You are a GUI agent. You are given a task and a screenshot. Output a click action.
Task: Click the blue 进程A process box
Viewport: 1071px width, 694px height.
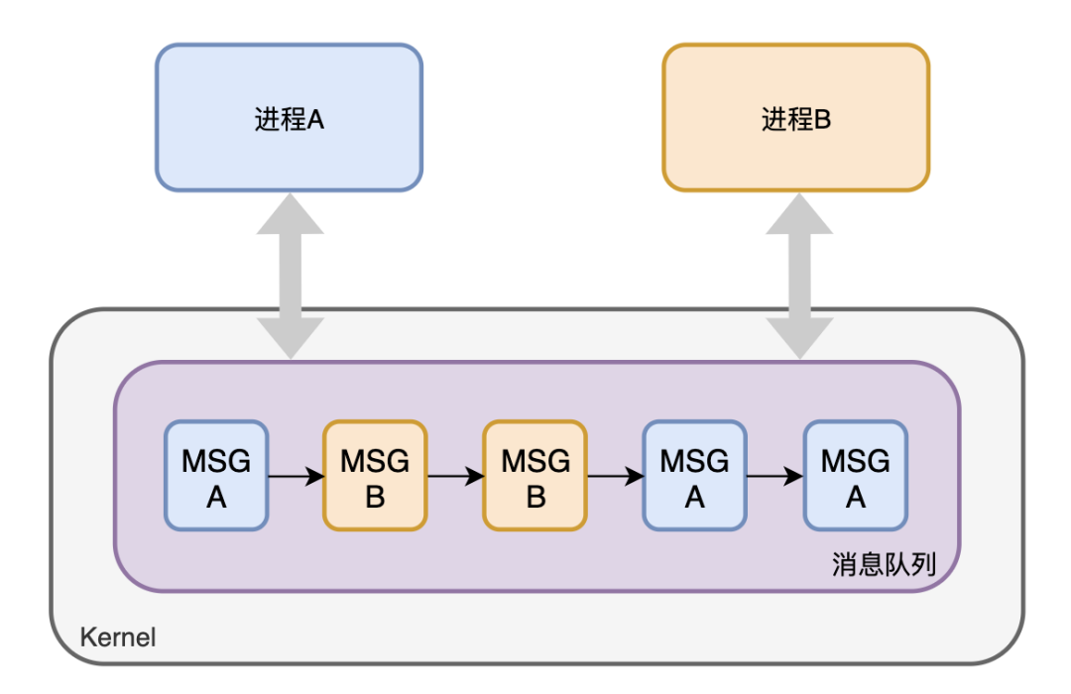pyautogui.click(x=289, y=117)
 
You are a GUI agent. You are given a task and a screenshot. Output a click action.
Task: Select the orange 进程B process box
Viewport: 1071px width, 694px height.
pyautogui.click(x=795, y=117)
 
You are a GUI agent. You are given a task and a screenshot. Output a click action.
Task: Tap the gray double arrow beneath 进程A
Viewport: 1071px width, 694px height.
pyautogui.click(x=290, y=275)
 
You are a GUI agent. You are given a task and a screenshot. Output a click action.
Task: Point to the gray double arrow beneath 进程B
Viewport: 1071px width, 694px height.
pyautogui.click(x=799, y=275)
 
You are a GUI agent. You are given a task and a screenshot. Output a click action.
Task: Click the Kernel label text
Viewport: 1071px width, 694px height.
pyautogui.click(x=118, y=636)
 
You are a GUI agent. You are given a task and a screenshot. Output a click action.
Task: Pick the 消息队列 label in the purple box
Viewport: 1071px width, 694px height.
pyautogui.click(x=884, y=565)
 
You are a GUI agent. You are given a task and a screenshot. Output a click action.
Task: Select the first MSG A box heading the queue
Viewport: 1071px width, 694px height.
pyautogui.click(x=216, y=476)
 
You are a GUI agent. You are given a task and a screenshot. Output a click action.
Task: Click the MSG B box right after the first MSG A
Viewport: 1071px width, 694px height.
pyautogui.click(x=375, y=476)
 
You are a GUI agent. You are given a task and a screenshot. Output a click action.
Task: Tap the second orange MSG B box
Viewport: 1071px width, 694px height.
pyautogui.click(x=535, y=476)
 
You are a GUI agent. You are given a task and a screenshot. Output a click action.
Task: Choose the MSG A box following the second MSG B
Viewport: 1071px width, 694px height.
pyautogui.click(x=694, y=476)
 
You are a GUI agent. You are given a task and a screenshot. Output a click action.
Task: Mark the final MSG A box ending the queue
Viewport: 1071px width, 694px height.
pyautogui.click(x=855, y=476)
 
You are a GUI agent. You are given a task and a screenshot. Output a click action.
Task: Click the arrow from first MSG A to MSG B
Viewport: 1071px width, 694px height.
pyautogui.click(x=296, y=477)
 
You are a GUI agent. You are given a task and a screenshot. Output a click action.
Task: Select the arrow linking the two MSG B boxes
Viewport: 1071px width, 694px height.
pyautogui.click(x=455, y=477)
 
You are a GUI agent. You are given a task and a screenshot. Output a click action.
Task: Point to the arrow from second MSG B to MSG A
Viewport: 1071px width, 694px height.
pyautogui.click(x=615, y=477)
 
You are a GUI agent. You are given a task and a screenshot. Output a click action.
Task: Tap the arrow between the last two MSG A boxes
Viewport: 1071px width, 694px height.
pyautogui.click(x=774, y=477)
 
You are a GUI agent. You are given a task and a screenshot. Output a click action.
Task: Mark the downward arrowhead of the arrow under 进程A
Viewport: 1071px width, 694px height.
pyautogui.click(x=290, y=338)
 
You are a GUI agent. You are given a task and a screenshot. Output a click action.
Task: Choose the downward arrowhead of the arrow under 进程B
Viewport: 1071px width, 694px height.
pyautogui.click(x=799, y=338)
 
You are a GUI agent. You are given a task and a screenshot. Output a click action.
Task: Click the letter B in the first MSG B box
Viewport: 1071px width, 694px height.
pyautogui.click(x=375, y=496)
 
